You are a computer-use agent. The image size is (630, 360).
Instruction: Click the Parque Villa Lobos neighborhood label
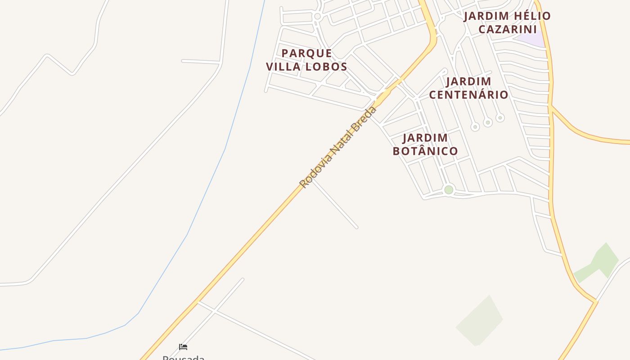[x=306, y=60]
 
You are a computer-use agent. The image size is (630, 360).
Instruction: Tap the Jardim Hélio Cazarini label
[x=507, y=22]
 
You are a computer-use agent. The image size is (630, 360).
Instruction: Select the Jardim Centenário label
[x=468, y=88]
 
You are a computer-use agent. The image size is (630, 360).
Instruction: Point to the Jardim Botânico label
[x=425, y=144]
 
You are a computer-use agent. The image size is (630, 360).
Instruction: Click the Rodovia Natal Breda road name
[x=337, y=147]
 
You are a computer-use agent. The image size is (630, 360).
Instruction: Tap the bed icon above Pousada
[x=183, y=347]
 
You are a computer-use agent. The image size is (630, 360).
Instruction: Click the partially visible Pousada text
[x=183, y=358]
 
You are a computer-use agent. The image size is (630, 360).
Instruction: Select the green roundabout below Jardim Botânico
[x=449, y=190]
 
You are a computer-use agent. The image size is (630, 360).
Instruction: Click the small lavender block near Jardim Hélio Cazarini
[x=531, y=40]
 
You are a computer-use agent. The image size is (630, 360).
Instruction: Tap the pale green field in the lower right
[x=479, y=320]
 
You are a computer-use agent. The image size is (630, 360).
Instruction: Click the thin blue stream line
[x=225, y=148]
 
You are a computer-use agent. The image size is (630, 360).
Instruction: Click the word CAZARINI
[x=507, y=29]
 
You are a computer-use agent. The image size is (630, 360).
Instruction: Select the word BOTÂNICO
[x=425, y=151]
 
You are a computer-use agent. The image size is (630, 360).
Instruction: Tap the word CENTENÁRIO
[x=468, y=94]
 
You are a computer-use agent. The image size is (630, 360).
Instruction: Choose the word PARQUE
[x=306, y=53]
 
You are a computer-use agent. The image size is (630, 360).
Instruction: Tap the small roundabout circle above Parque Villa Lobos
[x=317, y=17]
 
